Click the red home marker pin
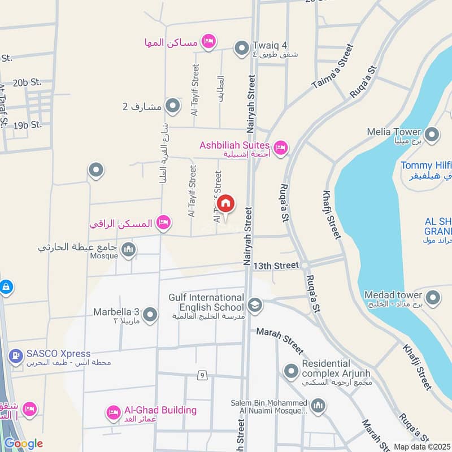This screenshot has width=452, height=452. pos(225,203)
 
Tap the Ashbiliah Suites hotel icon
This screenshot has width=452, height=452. pos(281,149)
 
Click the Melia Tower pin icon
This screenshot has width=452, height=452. pos(432,134)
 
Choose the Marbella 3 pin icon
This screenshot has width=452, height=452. pos(150,315)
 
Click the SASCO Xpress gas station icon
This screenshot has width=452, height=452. pos(15,357)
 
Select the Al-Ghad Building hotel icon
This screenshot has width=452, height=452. pos(112,412)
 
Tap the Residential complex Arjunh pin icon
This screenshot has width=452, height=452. pos(291,371)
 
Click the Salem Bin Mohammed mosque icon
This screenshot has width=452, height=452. pos(319,406)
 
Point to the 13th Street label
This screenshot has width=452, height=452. pos(276,265)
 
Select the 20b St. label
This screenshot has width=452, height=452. pos(28,82)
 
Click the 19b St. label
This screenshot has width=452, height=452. pos(28,124)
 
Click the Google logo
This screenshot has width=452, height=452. pos(23,444)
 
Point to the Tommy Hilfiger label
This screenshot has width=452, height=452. pos(426,166)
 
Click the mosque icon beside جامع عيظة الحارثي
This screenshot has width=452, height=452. pos(129,250)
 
